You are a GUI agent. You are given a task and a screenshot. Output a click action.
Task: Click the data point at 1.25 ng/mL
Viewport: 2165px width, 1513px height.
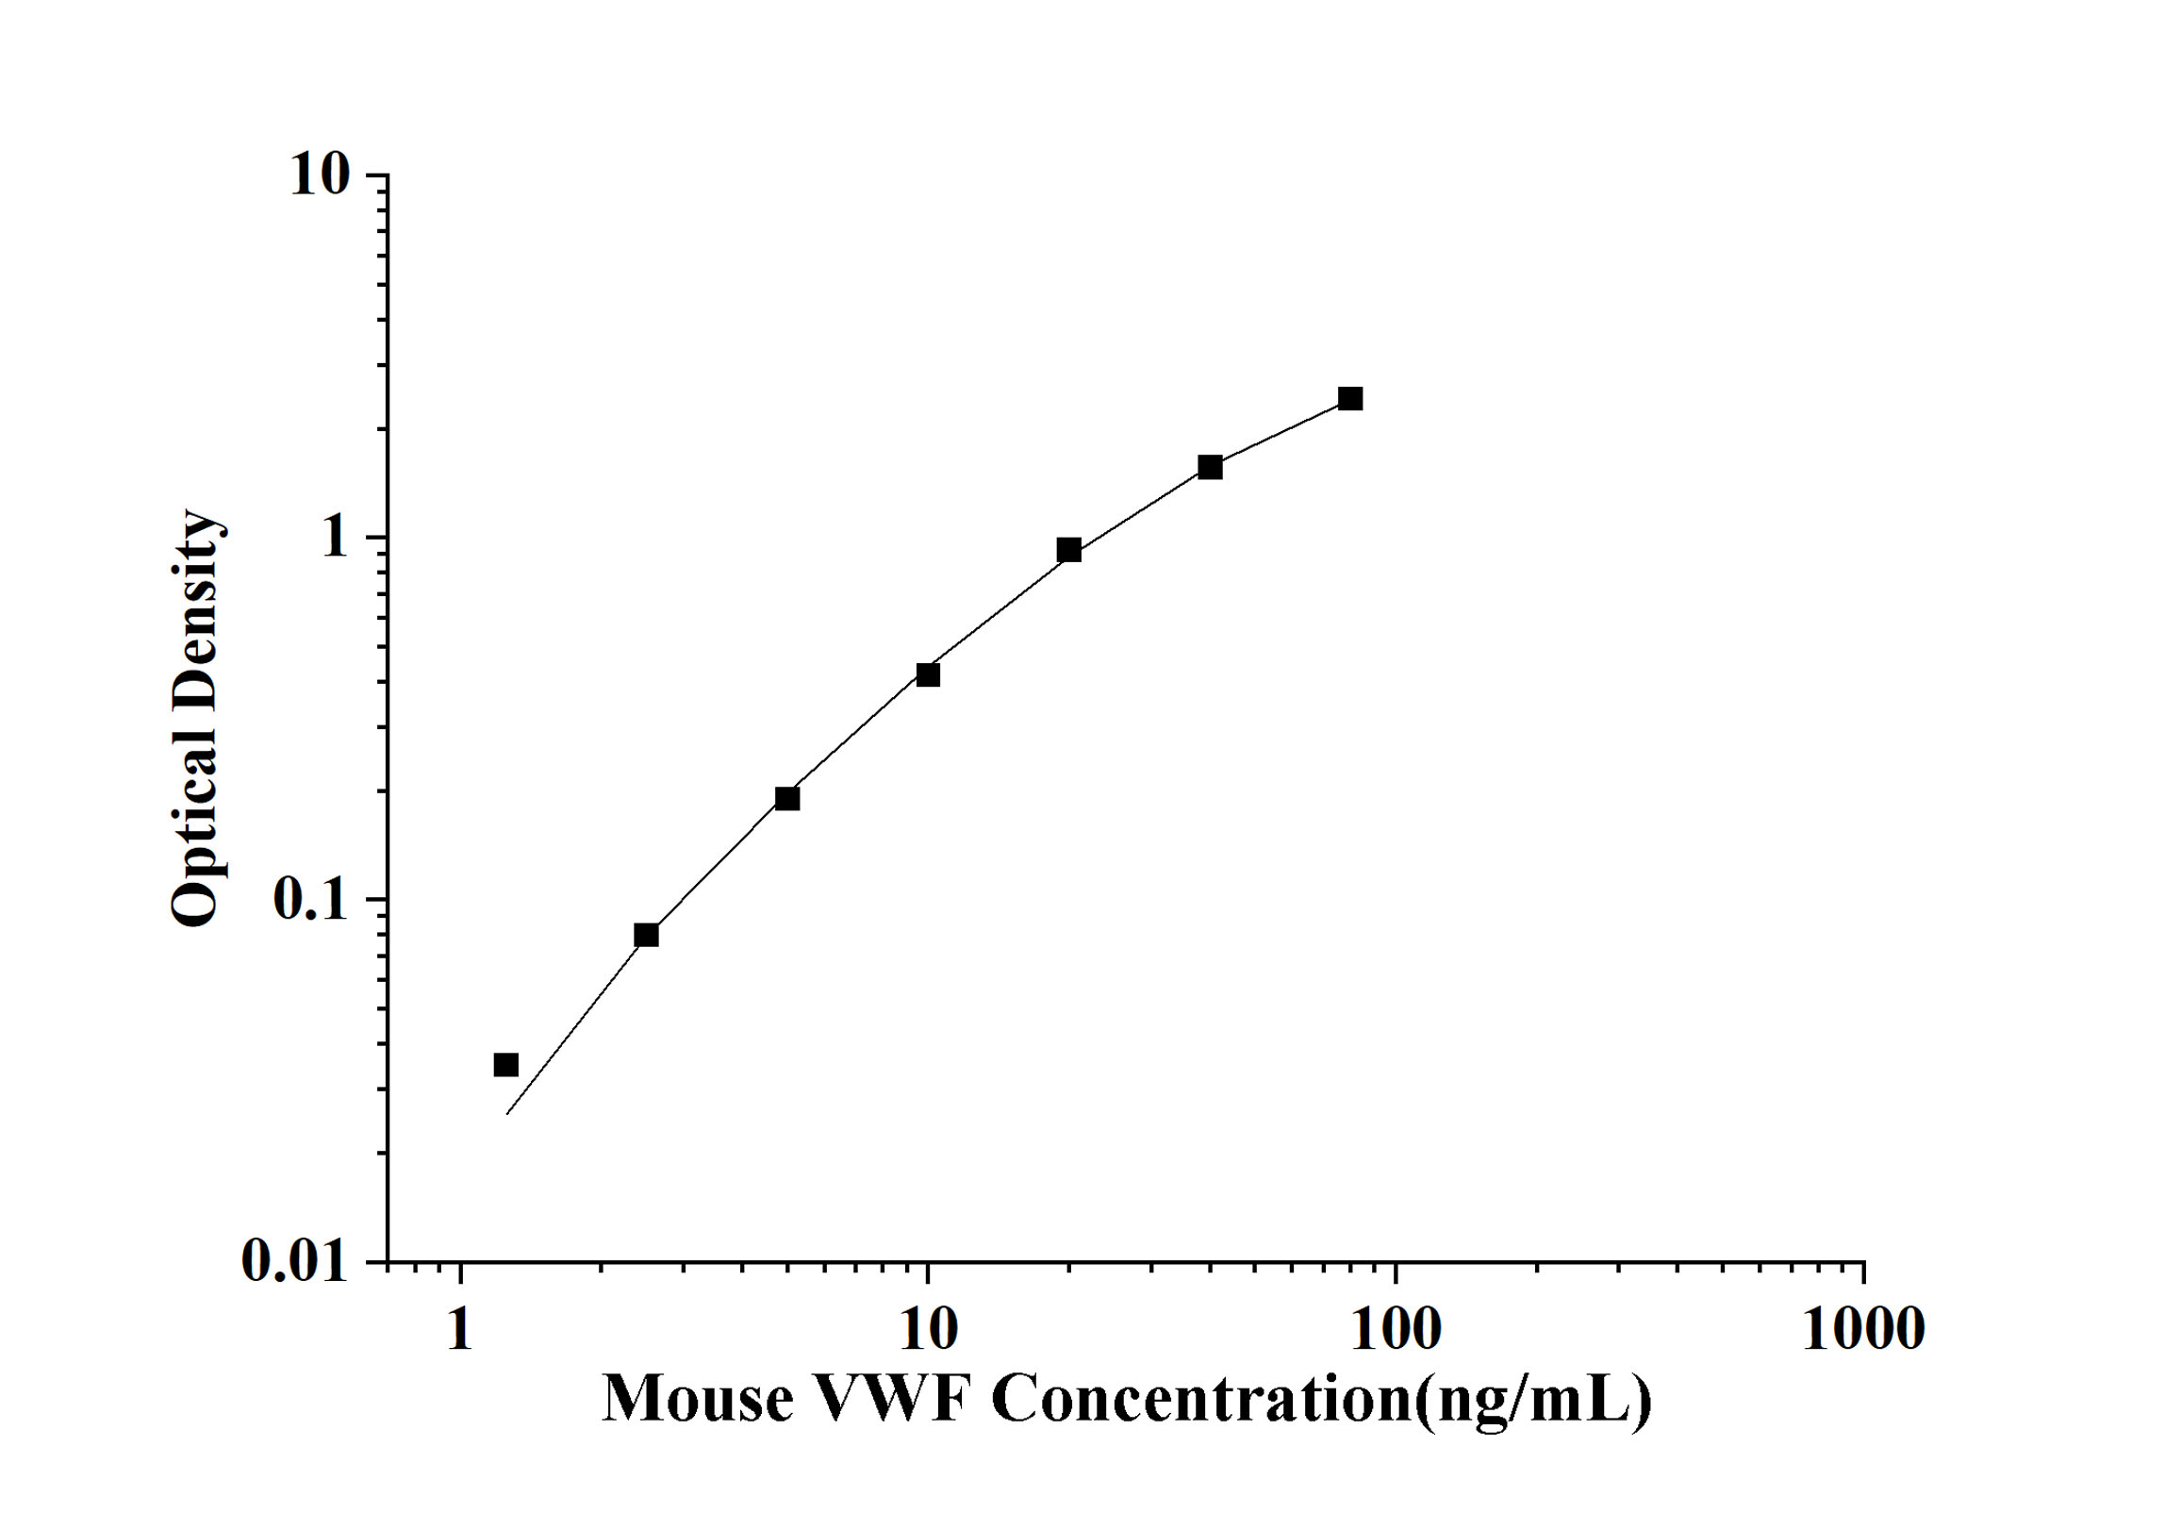(506, 1065)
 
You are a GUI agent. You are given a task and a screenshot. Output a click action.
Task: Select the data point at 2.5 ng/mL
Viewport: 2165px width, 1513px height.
(646, 935)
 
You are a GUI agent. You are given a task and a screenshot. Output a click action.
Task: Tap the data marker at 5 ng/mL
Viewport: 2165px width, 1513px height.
(787, 799)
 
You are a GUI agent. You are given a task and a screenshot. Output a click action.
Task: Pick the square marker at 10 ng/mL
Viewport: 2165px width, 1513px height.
(928, 674)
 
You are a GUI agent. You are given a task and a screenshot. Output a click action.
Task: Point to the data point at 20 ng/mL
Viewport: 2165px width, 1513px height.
(1068, 550)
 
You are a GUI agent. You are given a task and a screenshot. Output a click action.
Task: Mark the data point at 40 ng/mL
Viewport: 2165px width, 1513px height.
(1210, 467)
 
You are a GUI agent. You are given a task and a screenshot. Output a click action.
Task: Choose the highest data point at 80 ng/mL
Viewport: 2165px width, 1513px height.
(1350, 399)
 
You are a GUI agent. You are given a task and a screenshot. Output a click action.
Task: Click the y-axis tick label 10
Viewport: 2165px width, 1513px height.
(320, 175)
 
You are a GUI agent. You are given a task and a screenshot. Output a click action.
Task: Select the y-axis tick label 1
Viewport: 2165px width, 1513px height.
(335, 539)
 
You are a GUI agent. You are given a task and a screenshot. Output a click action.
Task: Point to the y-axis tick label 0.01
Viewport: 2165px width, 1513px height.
(295, 1260)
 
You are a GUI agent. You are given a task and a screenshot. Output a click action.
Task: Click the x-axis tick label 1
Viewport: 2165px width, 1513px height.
(459, 1329)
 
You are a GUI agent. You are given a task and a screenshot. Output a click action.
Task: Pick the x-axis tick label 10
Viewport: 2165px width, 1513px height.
(929, 1329)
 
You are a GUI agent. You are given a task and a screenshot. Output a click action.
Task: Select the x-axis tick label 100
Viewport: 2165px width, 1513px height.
(1396, 1329)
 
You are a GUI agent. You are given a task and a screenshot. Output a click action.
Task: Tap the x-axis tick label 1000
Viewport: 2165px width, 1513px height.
(1863, 1329)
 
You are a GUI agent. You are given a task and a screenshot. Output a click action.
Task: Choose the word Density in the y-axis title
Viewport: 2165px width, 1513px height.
(196, 618)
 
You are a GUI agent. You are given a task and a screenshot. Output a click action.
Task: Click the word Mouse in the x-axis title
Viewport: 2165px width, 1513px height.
(698, 1399)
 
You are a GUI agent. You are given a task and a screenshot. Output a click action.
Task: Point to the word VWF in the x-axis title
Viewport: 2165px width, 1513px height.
(892, 1399)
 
